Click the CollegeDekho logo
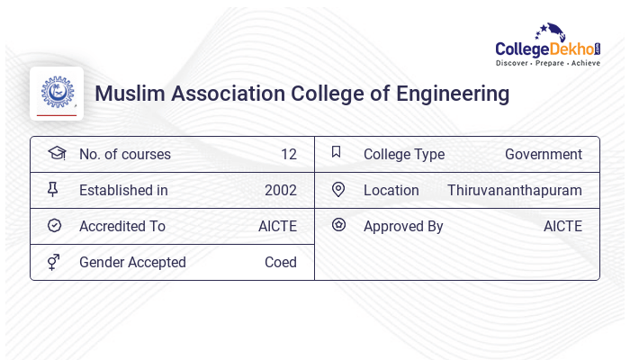click(548, 45)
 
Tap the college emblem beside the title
click(57, 93)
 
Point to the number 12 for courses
click(288, 154)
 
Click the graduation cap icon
click(56, 153)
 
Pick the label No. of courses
click(124, 154)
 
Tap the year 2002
click(281, 190)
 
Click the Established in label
click(123, 190)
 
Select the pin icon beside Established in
click(53, 189)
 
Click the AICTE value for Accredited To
click(277, 226)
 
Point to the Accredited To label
click(122, 226)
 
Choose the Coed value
click(281, 262)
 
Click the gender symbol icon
click(53, 262)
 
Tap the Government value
click(544, 154)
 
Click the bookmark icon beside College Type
click(337, 152)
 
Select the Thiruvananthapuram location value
click(515, 190)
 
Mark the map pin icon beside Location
click(338, 189)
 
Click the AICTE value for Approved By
click(562, 226)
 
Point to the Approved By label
click(403, 226)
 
